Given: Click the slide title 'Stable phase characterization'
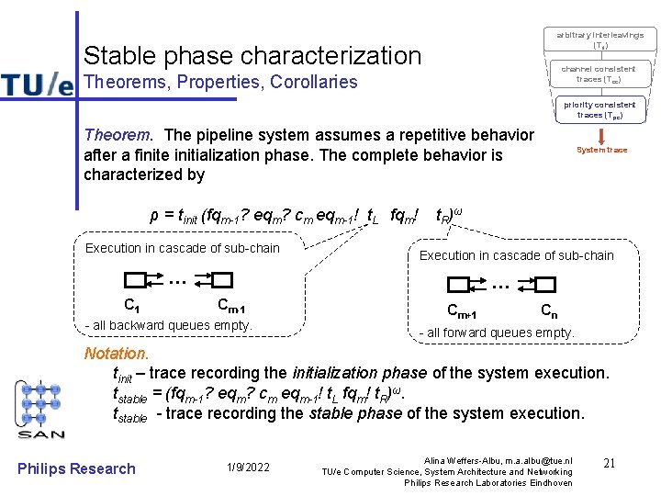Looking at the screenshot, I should [x=252, y=55].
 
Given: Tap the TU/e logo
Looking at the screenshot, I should [x=37, y=84].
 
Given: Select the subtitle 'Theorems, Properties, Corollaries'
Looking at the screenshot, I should [x=220, y=82].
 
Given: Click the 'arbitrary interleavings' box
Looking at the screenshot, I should [x=599, y=39].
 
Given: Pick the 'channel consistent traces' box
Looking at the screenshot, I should [x=599, y=73].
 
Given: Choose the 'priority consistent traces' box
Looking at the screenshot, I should [x=599, y=110].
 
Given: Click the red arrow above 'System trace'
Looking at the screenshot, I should [x=601, y=135].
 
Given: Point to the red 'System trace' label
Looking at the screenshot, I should [x=601, y=150].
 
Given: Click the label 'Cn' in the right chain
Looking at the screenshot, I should [x=548, y=310].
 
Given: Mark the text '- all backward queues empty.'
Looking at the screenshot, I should [x=168, y=325].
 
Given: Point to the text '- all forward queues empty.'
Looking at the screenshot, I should [x=497, y=333].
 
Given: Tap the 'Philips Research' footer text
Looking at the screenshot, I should [x=76, y=468].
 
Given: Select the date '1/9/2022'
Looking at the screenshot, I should [x=248, y=468].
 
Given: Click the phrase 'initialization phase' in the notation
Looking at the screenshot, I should [x=359, y=373].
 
